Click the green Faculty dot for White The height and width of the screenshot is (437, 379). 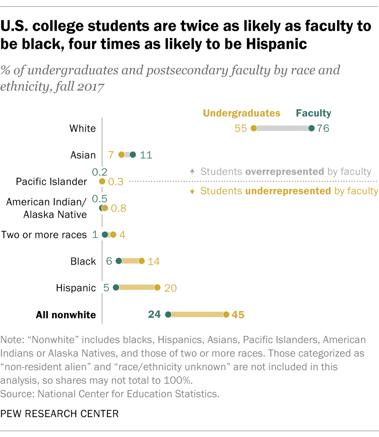tap(311, 128)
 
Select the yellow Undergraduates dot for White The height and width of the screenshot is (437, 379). tap(254, 128)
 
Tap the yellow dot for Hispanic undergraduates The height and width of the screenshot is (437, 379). tap(157, 288)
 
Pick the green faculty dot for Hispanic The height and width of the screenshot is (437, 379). tap(116, 288)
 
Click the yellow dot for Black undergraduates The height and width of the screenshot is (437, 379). tap(142, 261)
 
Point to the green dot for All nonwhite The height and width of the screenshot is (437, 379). tap(168, 314)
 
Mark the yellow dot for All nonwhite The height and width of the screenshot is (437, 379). tap(226, 314)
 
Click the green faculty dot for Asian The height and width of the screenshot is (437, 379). tap(133, 155)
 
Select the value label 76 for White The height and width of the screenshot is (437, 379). tap(323, 128)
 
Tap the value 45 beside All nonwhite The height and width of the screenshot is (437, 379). tap(238, 314)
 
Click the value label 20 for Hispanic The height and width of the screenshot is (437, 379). tap(170, 288)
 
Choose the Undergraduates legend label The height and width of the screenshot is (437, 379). tap(241, 113)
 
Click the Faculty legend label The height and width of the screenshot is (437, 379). tap(313, 113)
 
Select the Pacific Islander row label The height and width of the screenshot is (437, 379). tap(51, 181)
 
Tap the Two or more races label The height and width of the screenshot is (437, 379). tap(44, 235)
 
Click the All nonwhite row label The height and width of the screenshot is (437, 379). tap(66, 315)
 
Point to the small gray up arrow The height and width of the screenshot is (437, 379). tap(192, 172)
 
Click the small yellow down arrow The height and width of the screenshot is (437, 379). tap(192, 191)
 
